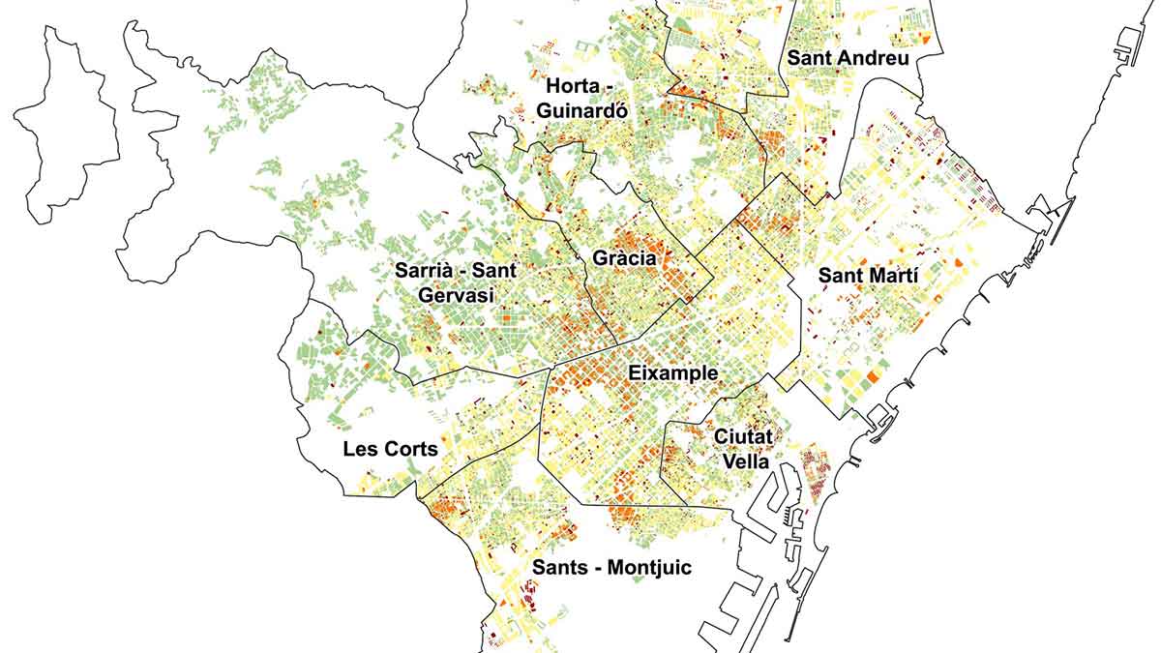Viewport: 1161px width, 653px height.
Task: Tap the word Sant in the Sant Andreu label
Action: pyautogui.click(x=809, y=58)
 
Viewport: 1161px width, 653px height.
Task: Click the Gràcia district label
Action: pyautogui.click(x=624, y=259)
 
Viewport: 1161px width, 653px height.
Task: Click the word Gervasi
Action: pyautogui.click(x=457, y=295)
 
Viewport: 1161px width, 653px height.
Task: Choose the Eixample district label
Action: pyautogui.click(x=672, y=373)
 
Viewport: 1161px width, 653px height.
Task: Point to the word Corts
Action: pyautogui.click(x=410, y=450)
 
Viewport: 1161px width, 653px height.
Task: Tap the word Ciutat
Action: pyautogui.click(x=742, y=438)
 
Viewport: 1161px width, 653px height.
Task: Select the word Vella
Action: pyautogui.click(x=743, y=462)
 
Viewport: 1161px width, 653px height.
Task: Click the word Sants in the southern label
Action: pyautogui.click(x=561, y=568)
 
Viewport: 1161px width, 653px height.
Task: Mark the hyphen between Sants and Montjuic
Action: pyautogui.click(x=598, y=569)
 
